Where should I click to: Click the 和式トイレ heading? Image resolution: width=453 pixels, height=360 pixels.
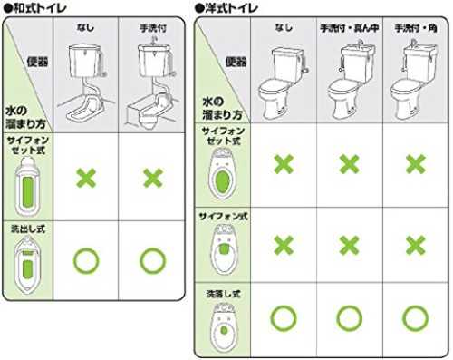36,8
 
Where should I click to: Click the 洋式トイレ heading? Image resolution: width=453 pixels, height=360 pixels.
227,8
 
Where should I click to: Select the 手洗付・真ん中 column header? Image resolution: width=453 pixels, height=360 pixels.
350,28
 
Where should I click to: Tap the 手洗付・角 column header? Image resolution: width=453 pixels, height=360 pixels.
416,28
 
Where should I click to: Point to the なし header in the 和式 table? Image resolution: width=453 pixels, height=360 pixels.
85,28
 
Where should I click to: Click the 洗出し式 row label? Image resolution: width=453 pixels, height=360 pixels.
28,229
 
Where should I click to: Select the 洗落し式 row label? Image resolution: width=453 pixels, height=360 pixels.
223,294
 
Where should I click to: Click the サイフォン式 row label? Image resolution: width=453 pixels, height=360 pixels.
223,217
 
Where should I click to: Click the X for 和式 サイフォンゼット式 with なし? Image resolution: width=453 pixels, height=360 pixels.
86,178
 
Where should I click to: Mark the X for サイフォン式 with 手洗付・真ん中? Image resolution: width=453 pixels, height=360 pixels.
350,245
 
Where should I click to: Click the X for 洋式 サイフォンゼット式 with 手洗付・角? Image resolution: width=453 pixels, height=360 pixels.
416,164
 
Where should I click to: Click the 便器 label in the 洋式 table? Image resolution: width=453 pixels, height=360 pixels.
236,62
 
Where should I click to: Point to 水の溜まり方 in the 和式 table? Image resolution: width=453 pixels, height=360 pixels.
25,117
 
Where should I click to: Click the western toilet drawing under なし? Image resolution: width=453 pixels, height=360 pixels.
284,83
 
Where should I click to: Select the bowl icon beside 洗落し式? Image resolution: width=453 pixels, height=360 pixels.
224,327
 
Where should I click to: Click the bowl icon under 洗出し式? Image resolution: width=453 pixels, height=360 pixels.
27,265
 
